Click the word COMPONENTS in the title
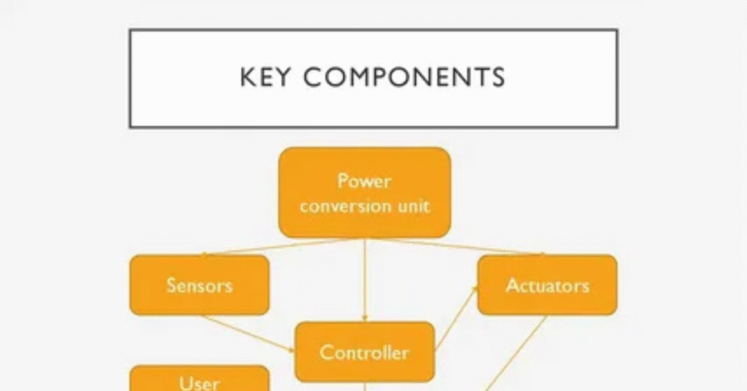404,77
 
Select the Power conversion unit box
364,193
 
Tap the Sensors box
199,284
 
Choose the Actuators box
547,284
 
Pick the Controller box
364,352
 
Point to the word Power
364,181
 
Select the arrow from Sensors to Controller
248,333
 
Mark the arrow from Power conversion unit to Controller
364,281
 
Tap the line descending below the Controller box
364,387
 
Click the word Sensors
199,284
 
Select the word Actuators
547,284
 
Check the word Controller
364,352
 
